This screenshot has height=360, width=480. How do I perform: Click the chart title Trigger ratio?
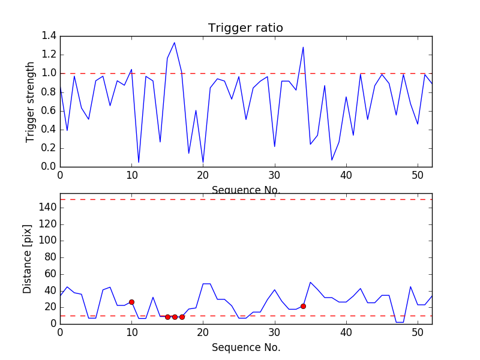[245, 28]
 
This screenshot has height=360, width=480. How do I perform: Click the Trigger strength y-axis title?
[31, 101]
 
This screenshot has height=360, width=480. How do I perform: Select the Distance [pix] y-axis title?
[28, 259]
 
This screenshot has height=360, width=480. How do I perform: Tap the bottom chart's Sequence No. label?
[245, 347]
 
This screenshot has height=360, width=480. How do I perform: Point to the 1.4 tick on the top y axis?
[49, 36]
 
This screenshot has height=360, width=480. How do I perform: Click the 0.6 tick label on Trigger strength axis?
[49, 110]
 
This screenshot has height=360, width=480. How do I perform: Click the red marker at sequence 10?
[131, 302]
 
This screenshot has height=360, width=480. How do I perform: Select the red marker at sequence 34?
[303, 306]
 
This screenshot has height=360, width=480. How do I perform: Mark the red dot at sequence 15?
[167, 317]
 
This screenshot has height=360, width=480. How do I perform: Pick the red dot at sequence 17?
[182, 317]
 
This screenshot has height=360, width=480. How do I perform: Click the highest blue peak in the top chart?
[175, 43]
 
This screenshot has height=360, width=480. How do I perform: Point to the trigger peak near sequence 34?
[303, 47]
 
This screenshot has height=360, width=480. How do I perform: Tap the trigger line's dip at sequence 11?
[139, 162]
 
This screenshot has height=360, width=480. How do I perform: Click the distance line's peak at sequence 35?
[310, 282]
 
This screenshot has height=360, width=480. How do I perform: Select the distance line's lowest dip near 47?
[400, 322]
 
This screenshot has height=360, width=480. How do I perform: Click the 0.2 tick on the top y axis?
[49, 148]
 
